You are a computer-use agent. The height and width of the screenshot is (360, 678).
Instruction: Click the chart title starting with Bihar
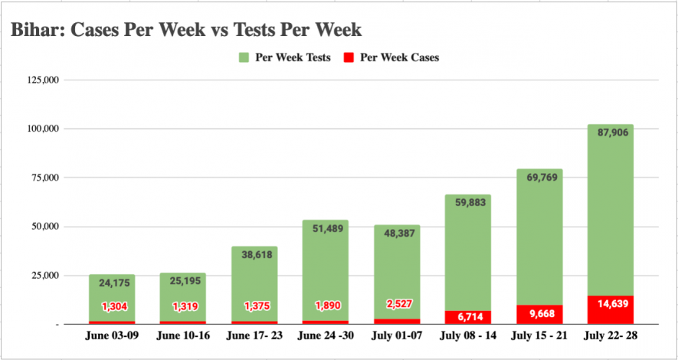click(186, 30)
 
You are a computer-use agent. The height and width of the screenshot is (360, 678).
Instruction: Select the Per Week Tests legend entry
click(292, 57)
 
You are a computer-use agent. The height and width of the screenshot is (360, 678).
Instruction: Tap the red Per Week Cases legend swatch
click(347, 57)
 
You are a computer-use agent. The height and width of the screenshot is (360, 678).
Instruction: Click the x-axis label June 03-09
click(112, 335)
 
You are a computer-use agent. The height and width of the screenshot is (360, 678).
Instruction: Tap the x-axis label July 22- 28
click(611, 335)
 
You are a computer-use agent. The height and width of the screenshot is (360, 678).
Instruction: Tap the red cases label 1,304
click(112, 307)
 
